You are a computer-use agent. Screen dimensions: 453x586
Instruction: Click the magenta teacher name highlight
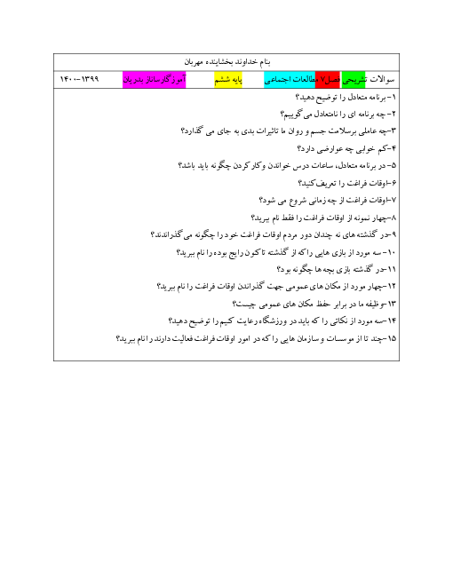[x=154, y=80]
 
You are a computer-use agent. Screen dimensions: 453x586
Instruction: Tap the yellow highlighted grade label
[x=228, y=80]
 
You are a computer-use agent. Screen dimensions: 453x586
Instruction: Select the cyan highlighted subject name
[x=290, y=80]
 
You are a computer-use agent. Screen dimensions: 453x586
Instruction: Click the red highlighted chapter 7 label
[x=328, y=80]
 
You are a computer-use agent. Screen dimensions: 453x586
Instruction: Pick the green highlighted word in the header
[x=354, y=80]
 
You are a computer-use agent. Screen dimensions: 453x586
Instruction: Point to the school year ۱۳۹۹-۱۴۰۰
[x=79, y=79]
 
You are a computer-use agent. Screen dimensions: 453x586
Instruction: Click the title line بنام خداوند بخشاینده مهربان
[x=226, y=61]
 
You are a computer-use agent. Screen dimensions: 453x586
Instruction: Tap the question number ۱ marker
[x=393, y=98]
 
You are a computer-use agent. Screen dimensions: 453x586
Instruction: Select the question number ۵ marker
[x=393, y=165]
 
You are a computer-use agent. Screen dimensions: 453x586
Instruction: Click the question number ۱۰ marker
[x=392, y=253]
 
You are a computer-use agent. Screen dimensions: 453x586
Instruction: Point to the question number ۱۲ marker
[x=392, y=286]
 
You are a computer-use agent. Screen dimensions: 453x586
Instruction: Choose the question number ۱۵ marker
[x=392, y=338]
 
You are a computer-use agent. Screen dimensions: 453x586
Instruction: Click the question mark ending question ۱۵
[x=118, y=338]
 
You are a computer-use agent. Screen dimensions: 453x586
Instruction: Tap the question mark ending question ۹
[x=153, y=234]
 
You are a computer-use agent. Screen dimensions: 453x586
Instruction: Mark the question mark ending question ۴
[x=299, y=149]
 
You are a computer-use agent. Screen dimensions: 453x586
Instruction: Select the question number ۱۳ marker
[x=392, y=304]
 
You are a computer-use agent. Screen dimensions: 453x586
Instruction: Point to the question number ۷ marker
[x=393, y=201]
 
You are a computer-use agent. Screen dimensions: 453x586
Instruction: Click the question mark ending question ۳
[x=183, y=131]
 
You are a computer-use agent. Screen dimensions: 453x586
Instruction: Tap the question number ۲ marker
[x=393, y=115]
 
